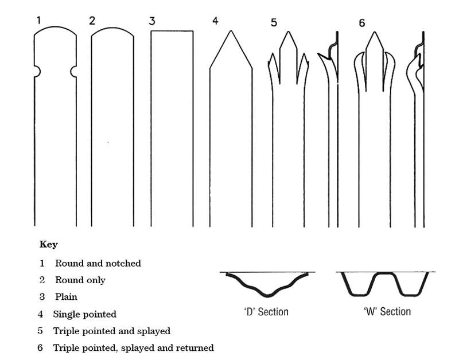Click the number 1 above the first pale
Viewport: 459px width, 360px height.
pos(38,21)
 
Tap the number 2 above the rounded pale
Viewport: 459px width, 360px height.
pos(92,21)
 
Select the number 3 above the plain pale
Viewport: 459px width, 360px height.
pos(152,21)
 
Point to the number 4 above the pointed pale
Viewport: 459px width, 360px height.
pos(215,21)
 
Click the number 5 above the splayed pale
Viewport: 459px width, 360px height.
pos(274,23)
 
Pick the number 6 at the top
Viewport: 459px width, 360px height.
pos(361,23)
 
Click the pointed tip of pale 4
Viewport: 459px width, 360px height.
pos(231,30)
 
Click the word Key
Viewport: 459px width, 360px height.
pos(48,244)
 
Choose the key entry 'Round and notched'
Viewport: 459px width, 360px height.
pos(98,264)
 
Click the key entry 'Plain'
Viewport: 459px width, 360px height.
pos(66,297)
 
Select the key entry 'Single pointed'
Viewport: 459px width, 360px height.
pos(84,314)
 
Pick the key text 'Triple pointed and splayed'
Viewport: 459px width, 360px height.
pos(111,331)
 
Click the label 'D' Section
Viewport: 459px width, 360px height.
pos(265,312)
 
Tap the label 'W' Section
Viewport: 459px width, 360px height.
pos(387,312)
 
